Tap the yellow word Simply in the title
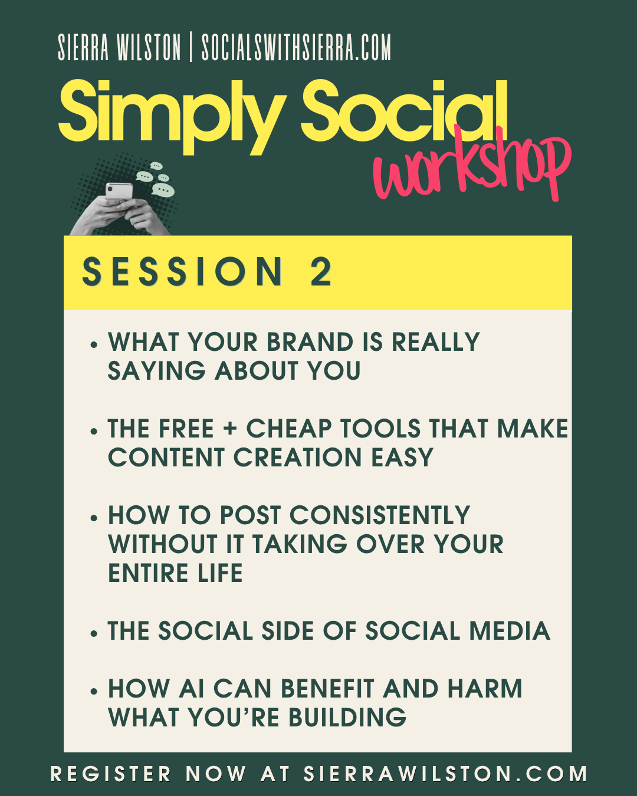point(172,117)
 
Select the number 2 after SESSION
point(320,272)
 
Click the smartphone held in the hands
point(119,191)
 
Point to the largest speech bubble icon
point(163,190)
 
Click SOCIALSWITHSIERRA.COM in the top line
point(296,47)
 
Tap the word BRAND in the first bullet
point(310,342)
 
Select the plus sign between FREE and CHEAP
point(230,428)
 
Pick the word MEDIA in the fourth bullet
point(510,630)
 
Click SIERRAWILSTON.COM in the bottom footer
point(445,774)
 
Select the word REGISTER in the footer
point(110,774)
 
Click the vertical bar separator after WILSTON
point(191,47)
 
